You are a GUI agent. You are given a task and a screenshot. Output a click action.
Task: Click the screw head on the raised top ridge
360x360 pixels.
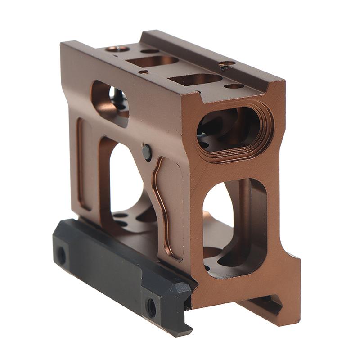227,65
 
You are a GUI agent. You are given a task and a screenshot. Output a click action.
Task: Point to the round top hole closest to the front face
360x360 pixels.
234,86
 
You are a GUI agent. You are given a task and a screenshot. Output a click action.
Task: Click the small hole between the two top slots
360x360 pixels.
144,72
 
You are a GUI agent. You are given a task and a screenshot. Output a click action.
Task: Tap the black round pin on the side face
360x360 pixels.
147,152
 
